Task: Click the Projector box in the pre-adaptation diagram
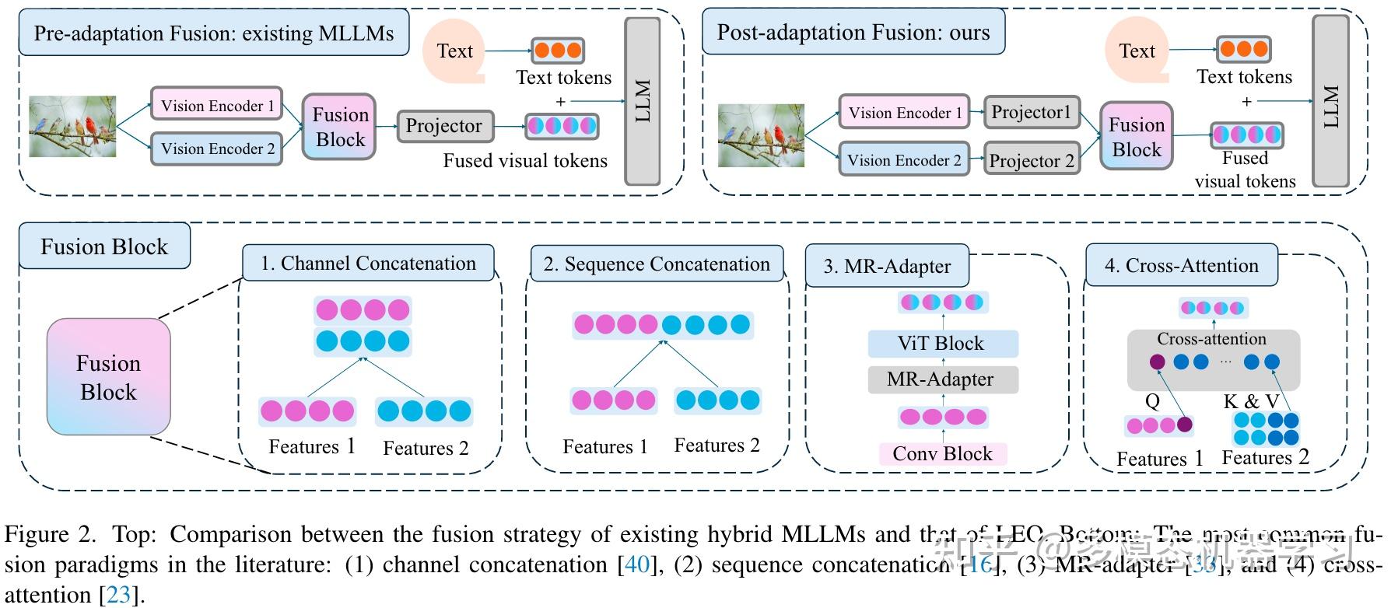point(444,126)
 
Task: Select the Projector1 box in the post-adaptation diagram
point(1031,113)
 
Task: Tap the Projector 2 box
point(1032,160)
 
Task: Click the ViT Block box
point(942,344)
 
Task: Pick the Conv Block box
point(942,454)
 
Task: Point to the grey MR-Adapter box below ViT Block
point(942,379)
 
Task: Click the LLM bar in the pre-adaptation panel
point(643,101)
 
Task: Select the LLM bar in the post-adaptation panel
point(1330,101)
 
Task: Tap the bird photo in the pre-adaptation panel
point(72,126)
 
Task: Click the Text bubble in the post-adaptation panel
point(1137,51)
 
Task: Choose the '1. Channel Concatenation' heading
point(368,264)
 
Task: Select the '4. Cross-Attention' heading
point(1181,265)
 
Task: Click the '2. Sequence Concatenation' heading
point(657,264)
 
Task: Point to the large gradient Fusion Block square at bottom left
point(108,377)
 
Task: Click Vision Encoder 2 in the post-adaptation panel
point(904,160)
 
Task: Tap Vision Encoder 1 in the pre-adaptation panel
point(216,106)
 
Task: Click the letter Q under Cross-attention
point(1152,401)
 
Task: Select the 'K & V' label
point(1251,401)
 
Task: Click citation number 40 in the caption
point(637,564)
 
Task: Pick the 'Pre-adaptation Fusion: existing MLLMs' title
point(214,33)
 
